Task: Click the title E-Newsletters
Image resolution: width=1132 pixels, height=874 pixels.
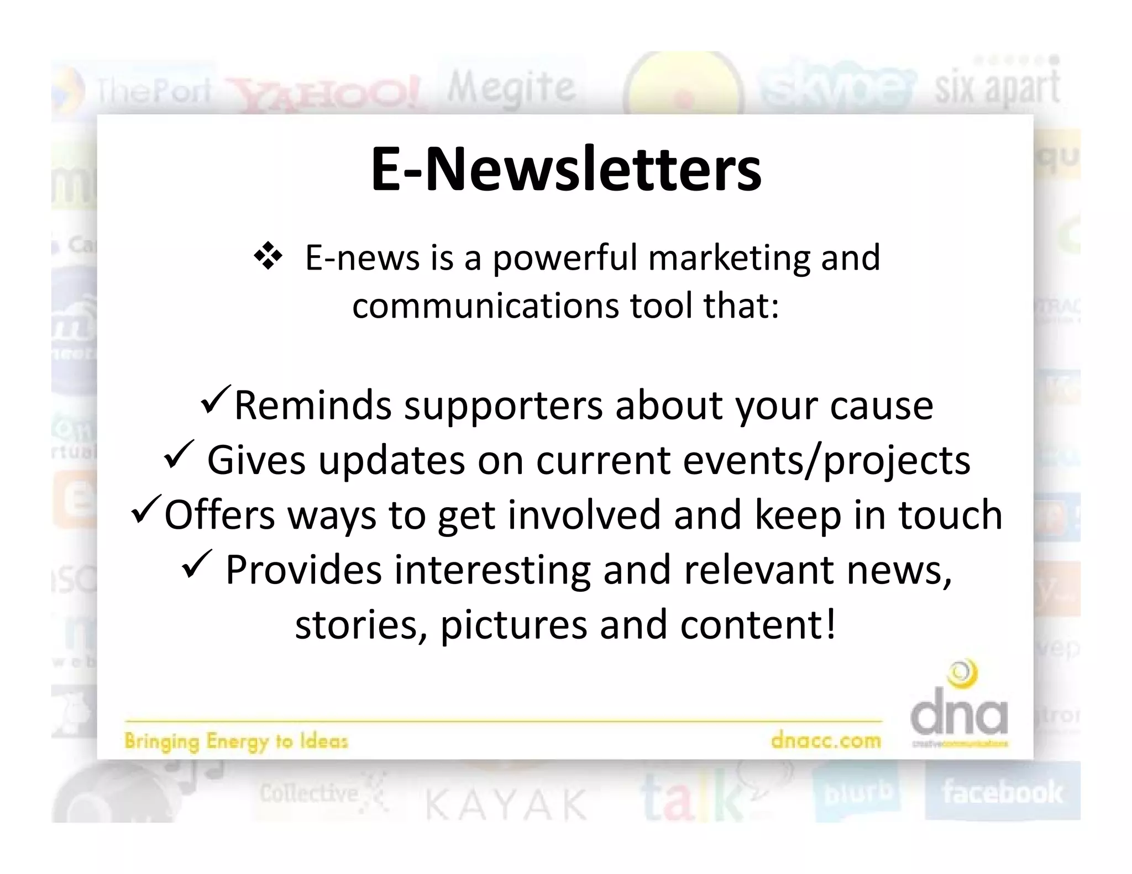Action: pyautogui.click(x=565, y=169)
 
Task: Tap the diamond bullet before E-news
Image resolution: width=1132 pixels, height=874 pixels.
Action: pyautogui.click(x=268, y=257)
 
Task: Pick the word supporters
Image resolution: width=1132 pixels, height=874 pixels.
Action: pyautogui.click(x=503, y=406)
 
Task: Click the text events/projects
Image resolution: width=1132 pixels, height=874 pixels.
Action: pyautogui.click(x=826, y=461)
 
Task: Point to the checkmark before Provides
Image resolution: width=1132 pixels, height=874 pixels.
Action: pyautogui.click(x=196, y=564)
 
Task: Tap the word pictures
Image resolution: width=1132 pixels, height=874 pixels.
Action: pyautogui.click(x=513, y=625)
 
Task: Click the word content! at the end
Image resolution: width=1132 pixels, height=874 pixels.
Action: pyautogui.click(x=758, y=625)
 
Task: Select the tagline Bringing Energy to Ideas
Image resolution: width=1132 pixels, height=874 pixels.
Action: pyautogui.click(x=236, y=740)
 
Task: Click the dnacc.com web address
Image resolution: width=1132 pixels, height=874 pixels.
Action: pyautogui.click(x=826, y=740)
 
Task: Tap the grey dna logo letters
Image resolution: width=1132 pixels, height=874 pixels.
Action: pyautogui.click(x=959, y=717)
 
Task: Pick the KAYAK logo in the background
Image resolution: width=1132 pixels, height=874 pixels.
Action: pyautogui.click(x=506, y=804)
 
